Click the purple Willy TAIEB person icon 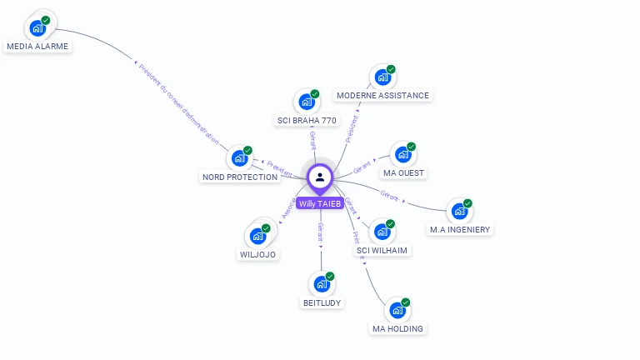(x=320, y=177)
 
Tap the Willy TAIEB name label (x=320, y=203)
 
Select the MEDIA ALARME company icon (x=37, y=28)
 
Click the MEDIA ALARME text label (x=37, y=47)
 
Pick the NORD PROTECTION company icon (x=240, y=158)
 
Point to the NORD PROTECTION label (x=240, y=177)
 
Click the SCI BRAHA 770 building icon (x=307, y=102)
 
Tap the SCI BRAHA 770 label (x=307, y=120)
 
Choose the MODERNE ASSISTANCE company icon (x=383, y=77)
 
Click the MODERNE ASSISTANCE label (x=383, y=95)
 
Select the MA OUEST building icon (x=403, y=155)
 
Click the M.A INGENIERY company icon (x=460, y=212)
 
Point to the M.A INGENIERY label (x=460, y=229)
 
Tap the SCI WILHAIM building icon (x=382, y=232)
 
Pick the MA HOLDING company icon (x=397, y=311)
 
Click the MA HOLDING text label (x=397, y=328)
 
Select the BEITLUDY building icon (x=322, y=285)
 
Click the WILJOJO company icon (x=258, y=237)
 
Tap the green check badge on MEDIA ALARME (x=46, y=20)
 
